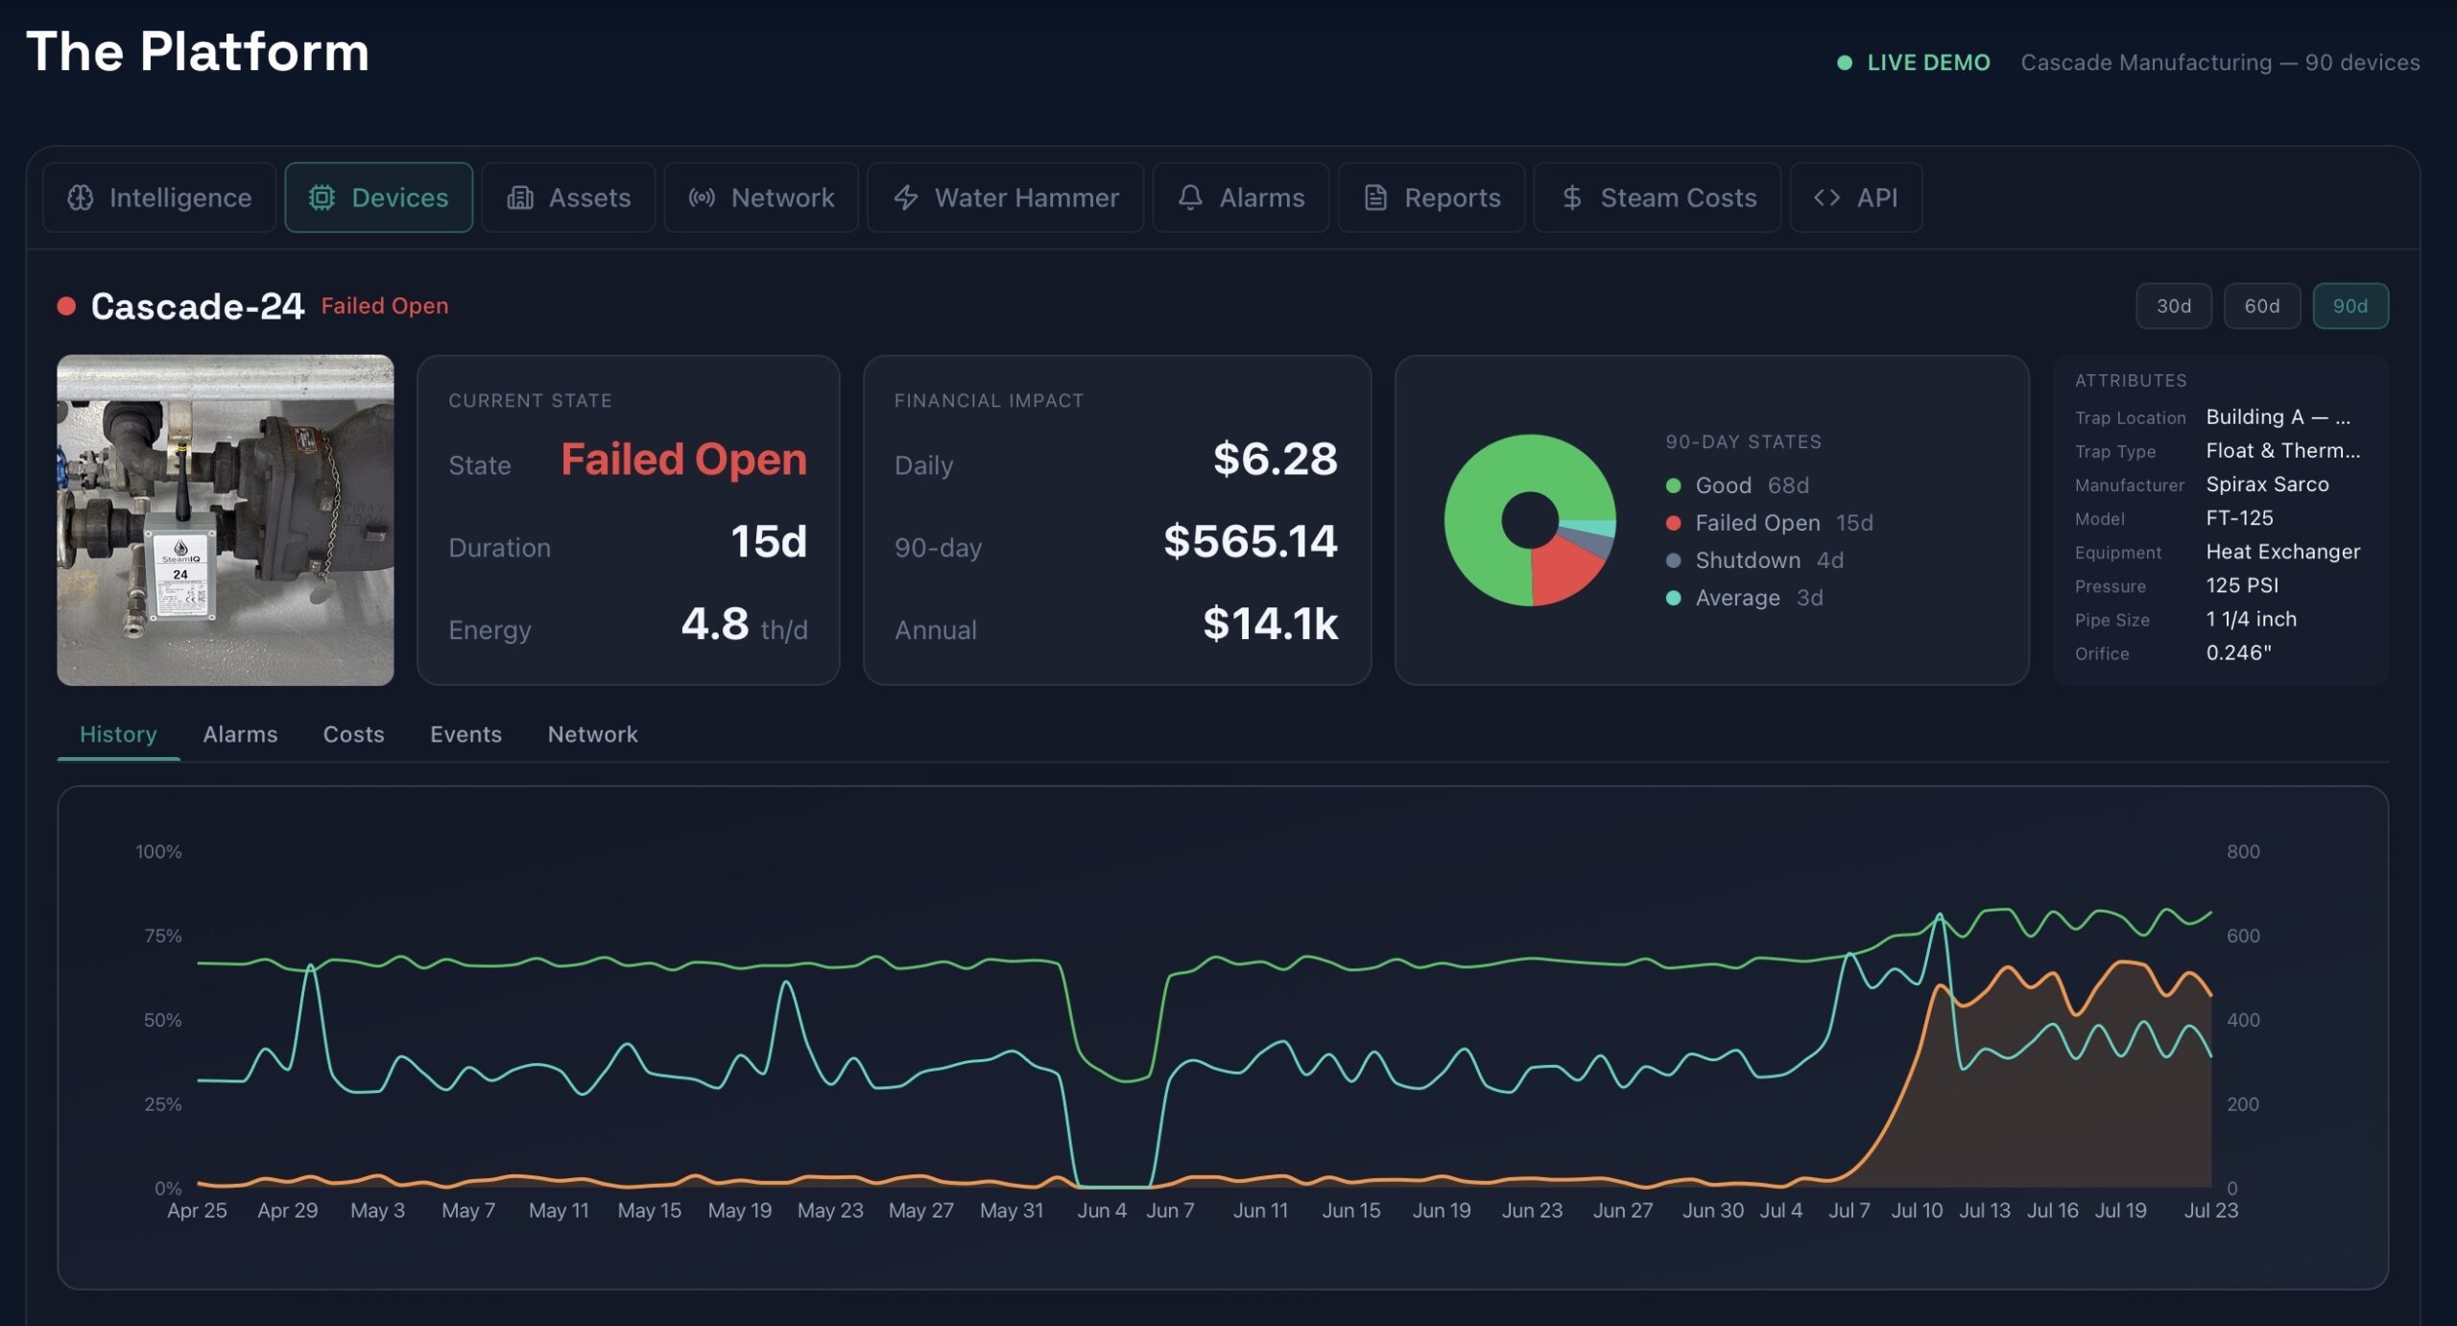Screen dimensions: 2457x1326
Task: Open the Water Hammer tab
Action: (x=1005, y=198)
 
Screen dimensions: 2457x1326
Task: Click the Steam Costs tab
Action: (x=1657, y=198)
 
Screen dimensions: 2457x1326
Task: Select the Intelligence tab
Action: (x=159, y=198)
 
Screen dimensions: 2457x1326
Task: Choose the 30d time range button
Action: (x=2173, y=306)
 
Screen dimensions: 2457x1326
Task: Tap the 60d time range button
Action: (x=2261, y=306)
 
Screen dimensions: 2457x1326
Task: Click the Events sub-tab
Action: (x=465, y=734)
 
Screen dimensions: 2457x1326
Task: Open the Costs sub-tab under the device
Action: (x=353, y=734)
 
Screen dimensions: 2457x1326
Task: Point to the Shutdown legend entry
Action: (x=1754, y=560)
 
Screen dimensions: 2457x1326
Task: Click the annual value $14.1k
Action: (x=1270, y=624)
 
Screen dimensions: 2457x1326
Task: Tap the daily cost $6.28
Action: (x=1275, y=459)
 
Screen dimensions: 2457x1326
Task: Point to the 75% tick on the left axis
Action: (x=162, y=935)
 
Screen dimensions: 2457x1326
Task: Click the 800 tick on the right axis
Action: (x=2243, y=851)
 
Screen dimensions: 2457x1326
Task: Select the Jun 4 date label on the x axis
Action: (x=1102, y=1210)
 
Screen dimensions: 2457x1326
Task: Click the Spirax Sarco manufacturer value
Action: (x=2267, y=485)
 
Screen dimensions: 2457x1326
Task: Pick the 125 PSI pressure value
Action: (x=2242, y=585)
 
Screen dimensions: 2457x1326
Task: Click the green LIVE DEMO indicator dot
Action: (x=1844, y=62)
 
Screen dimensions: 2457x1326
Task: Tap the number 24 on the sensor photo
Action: (x=180, y=574)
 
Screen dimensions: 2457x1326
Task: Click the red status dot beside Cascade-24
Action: (x=66, y=306)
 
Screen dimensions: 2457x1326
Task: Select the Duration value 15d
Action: (x=768, y=541)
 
